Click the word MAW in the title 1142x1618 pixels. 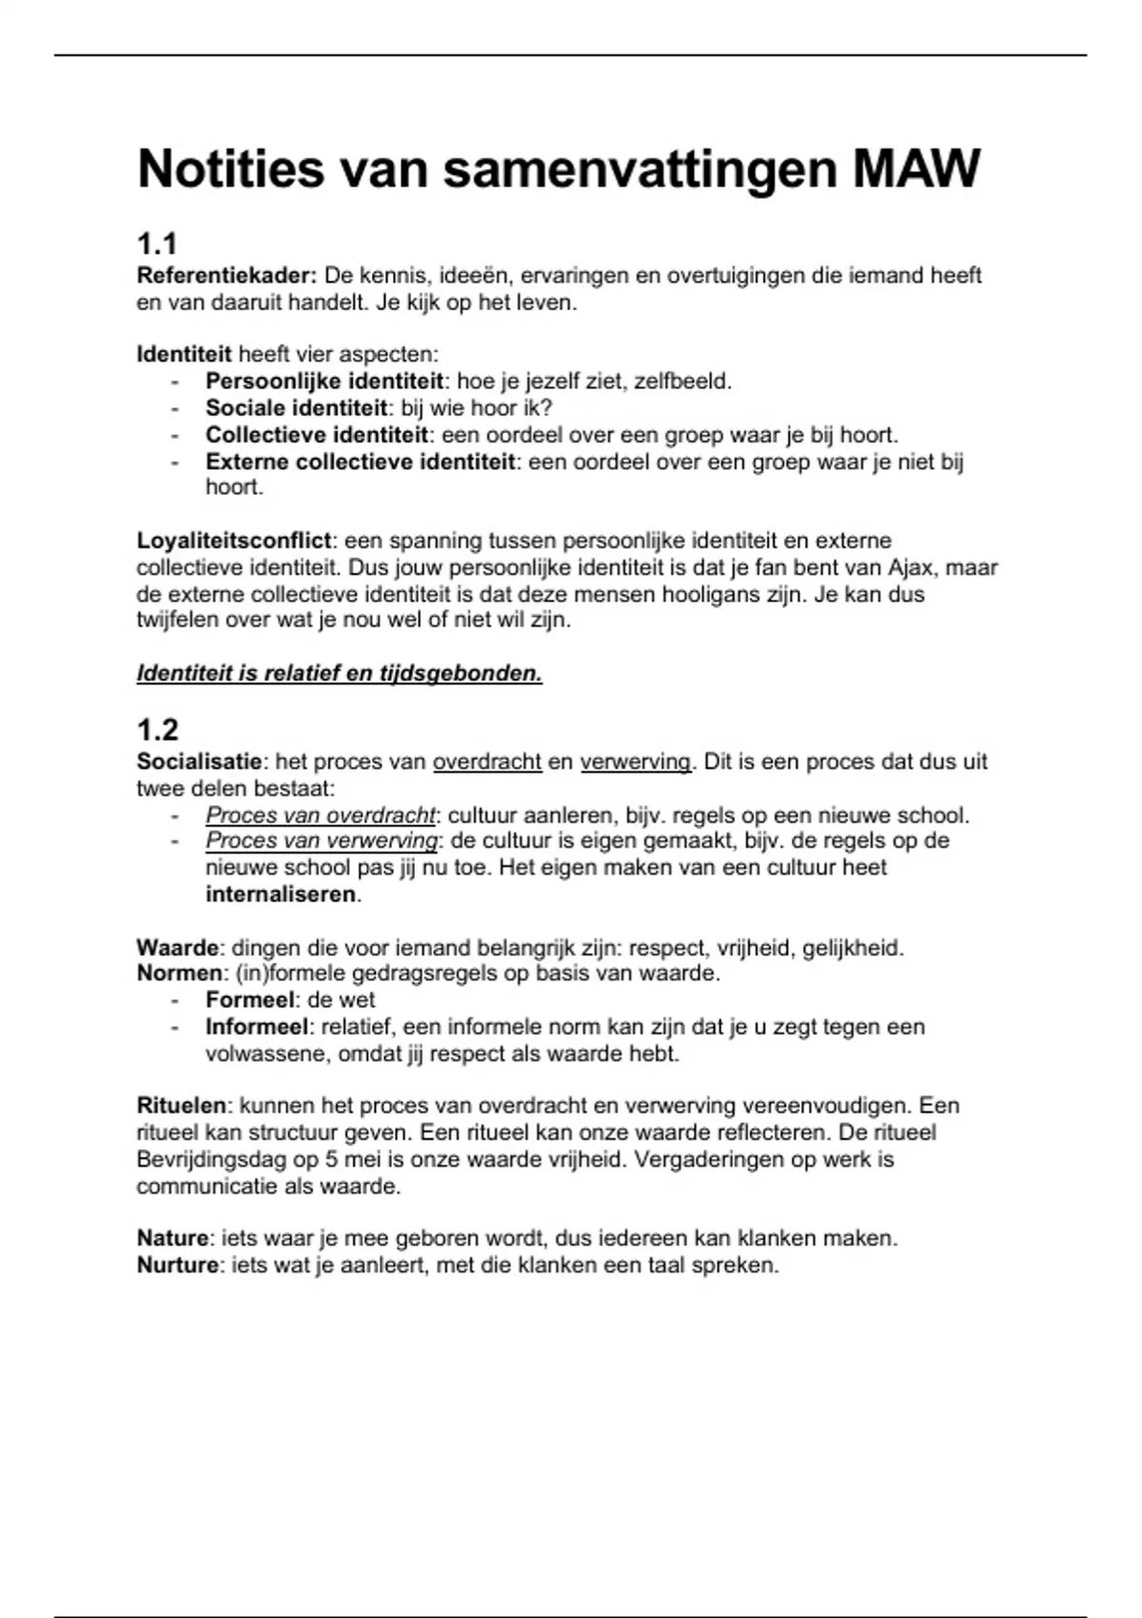[916, 169]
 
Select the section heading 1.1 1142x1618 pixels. [157, 245]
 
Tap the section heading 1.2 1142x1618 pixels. [158, 730]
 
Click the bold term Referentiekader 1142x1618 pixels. [226, 276]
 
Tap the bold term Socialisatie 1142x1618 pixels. [199, 761]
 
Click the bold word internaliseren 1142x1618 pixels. [282, 895]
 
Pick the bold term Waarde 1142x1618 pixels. [178, 948]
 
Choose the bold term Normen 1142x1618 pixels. [180, 974]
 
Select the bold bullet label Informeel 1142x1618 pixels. [257, 1027]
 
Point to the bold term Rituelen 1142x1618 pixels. [182, 1106]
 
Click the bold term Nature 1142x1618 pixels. [172, 1238]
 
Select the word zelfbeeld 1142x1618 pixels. [682, 382]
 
